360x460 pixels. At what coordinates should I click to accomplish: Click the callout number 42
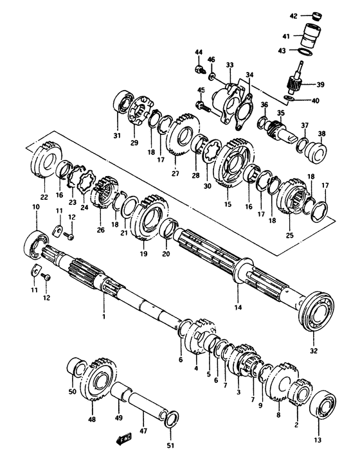tap(292, 16)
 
